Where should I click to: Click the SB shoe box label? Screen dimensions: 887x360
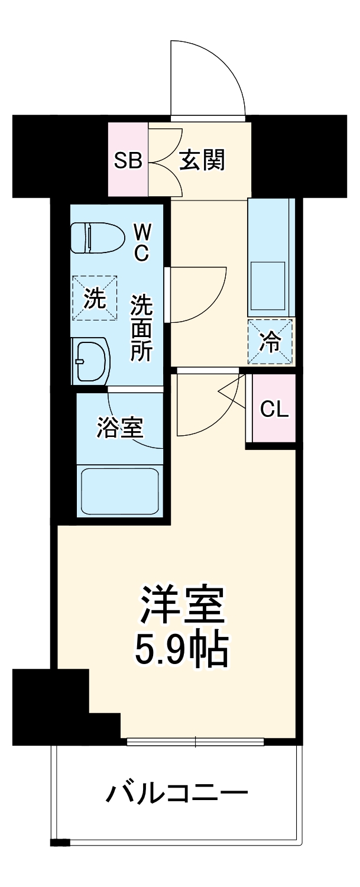pyautogui.click(x=128, y=160)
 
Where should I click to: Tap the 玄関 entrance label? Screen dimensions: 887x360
pyautogui.click(x=202, y=160)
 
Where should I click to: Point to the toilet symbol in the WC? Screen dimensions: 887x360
pyautogui.click(x=98, y=238)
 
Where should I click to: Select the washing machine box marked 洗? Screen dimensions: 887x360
pyautogui.click(x=95, y=299)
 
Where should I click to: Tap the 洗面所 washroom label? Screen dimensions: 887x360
pyautogui.click(x=142, y=328)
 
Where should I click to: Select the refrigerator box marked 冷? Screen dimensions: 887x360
pyautogui.click(x=271, y=341)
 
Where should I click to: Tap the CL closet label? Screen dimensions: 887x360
pyautogui.click(x=275, y=409)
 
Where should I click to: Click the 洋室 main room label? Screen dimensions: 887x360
pyautogui.click(x=182, y=604)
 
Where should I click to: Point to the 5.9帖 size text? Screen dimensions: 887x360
pyautogui.click(x=181, y=650)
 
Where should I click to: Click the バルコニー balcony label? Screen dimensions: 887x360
pyautogui.click(x=176, y=791)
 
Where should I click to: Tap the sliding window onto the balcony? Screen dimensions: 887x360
pyautogui.click(x=195, y=741)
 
